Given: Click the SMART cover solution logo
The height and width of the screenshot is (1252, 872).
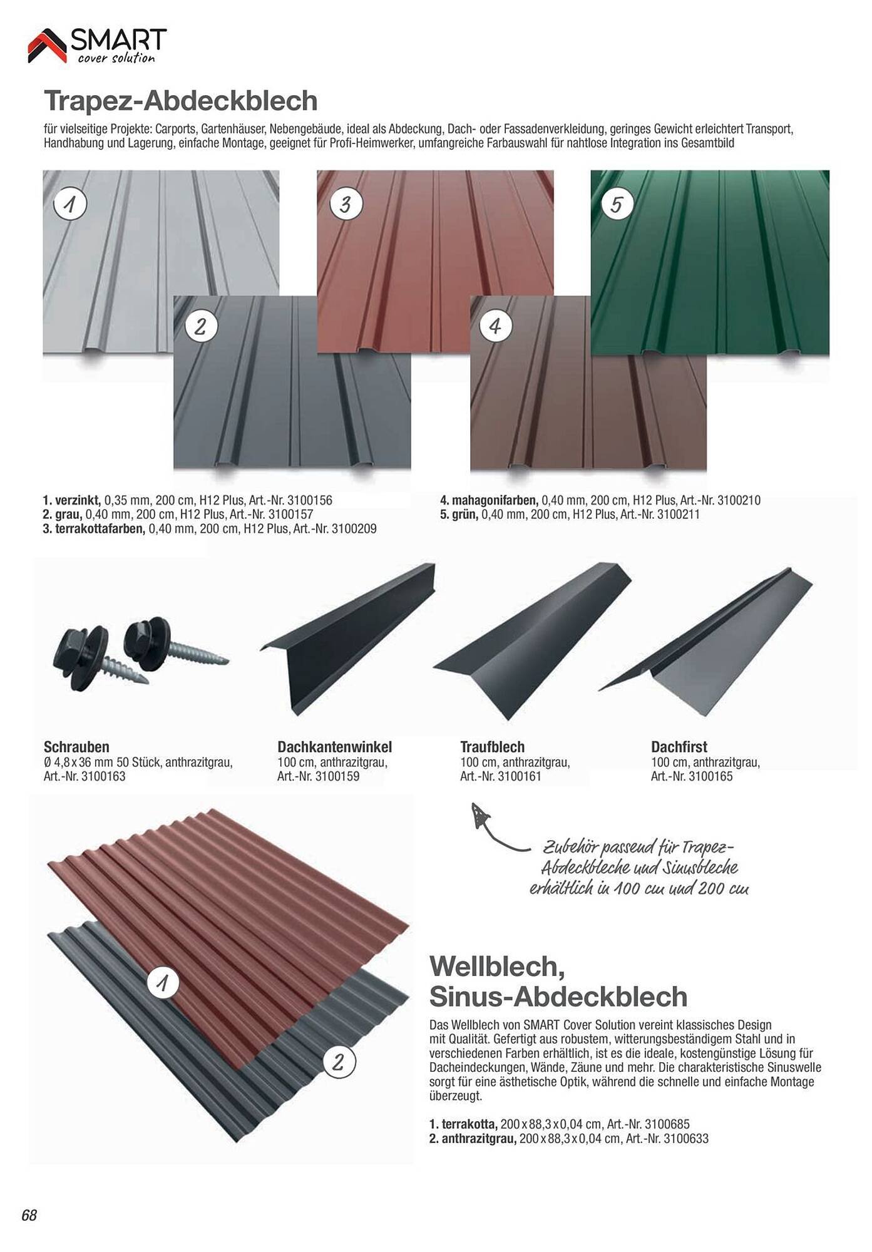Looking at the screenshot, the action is click(x=98, y=46).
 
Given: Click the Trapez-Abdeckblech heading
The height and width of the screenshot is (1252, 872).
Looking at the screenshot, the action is click(x=181, y=100).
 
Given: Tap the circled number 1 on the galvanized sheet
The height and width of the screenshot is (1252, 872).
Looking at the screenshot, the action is click(x=70, y=204).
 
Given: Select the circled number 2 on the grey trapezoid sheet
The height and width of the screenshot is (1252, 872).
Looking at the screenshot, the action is click(x=200, y=326).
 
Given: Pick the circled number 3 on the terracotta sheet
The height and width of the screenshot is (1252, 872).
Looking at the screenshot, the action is click(x=346, y=204).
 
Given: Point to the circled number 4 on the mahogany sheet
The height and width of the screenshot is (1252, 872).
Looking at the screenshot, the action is click(x=495, y=326).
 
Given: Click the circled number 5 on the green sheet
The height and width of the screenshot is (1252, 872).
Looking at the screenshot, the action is click(x=617, y=204).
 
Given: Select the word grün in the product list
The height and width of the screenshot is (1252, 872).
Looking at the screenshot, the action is click(x=464, y=515).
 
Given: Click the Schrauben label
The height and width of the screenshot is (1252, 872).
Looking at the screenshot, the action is click(x=76, y=747).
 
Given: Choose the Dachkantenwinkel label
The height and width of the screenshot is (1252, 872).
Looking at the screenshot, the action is click(x=335, y=747).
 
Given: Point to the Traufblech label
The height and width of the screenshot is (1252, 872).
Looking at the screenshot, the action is click(x=493, y=747).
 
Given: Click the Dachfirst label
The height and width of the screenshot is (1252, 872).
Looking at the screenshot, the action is click(x=679, y=747).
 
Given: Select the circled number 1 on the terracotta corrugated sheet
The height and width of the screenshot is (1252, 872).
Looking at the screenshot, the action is click(x=163, y=983).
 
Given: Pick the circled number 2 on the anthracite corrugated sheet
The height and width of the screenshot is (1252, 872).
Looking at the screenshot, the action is click(x=339, y=1062).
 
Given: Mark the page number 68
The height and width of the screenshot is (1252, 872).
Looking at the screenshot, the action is click(x=29, y=1215).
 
